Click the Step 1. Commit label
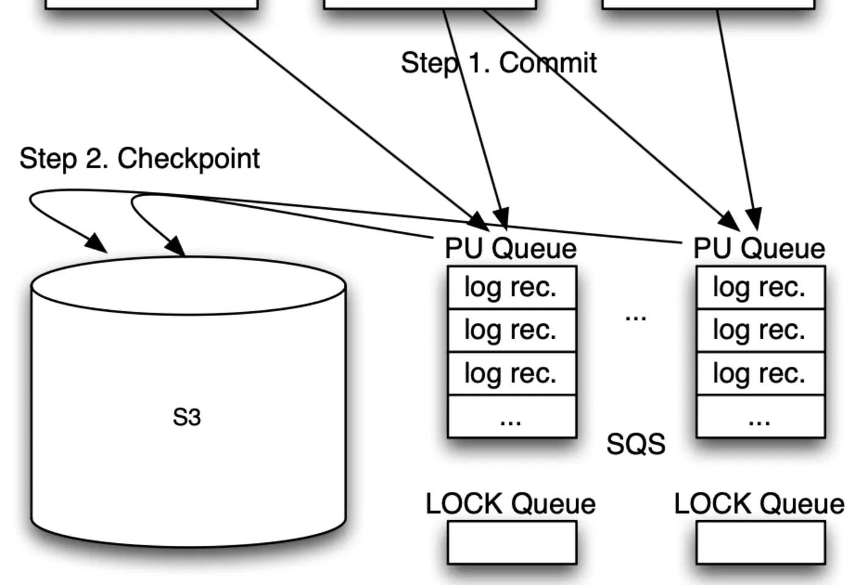coord(498,63)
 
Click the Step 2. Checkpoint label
coord(139,159)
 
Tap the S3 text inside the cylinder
coord(187,418)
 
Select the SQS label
coord(635,444)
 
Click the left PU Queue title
coord(511,249)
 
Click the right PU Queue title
coord(759,249)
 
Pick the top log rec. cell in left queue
coord(512,287)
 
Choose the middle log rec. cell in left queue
coord(512,331)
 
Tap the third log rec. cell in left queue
coord(512,373)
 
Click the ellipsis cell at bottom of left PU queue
coord(512,417)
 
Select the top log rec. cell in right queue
coord(760,287)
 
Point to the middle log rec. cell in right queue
coord(760,331)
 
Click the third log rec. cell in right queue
coord(760,373)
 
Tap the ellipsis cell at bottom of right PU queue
coord(760,417)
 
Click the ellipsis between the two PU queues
coord(636,317)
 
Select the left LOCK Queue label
coord(511,504)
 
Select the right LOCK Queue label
coord(759,504)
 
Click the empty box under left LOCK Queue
coord(512,542)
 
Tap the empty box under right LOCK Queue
coord(760,542)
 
